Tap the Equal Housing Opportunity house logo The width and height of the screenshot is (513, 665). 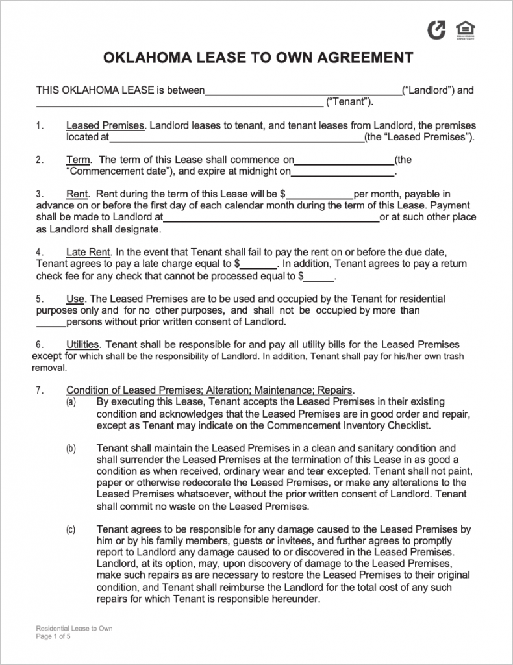pyautogui.click(x=465, y=30)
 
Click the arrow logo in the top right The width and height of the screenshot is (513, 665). pyautogui.click(x=436, y=30)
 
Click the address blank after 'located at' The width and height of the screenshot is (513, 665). pyautogui.click(x=236, y=138)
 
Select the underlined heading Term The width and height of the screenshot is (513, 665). pyautogui.click(x=78, y=160)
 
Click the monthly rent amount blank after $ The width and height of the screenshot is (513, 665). pyautogui.click(x=320, y=195)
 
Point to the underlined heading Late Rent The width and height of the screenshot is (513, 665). pyautogui.click(x=89, y=252)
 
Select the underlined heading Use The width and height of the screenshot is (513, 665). pyautogui.click(x=75, y=299)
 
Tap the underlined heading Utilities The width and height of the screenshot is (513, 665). pyautogui.click(x=82, y=344)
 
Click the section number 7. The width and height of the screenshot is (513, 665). pyautogui.click(x=40, y=390)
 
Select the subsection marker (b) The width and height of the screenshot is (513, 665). pyautogui.click(x=70, y=448)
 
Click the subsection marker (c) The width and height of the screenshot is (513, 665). pyautogui.click(x=70, y=530)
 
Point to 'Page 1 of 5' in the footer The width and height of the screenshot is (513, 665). pyautogui.click(x=53, y=637)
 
